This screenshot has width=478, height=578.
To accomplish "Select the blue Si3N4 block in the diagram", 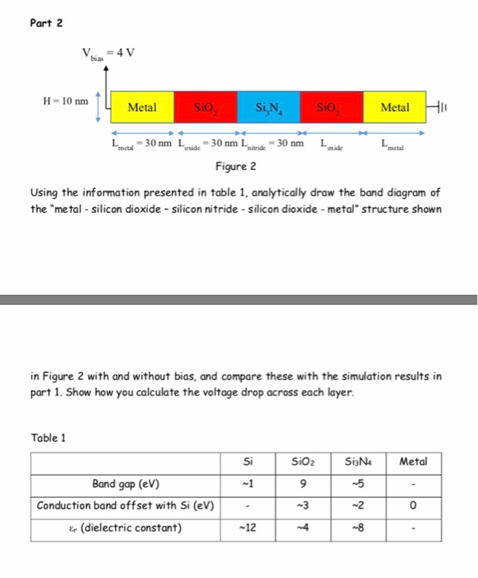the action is pos(268,107).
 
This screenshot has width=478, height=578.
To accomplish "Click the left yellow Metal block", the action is pos(142,107).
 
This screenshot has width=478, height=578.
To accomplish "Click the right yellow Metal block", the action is pos(394,107).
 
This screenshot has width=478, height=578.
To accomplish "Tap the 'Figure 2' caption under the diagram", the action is pos(236,166).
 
